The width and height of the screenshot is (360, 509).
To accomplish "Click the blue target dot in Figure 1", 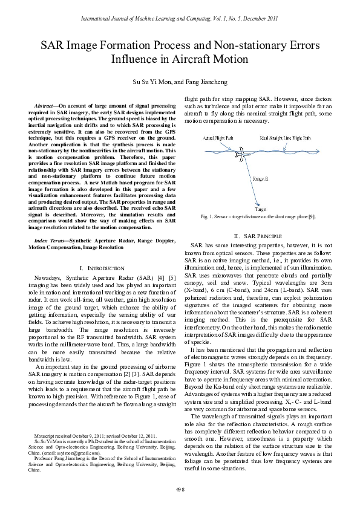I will tap(258, 203).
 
